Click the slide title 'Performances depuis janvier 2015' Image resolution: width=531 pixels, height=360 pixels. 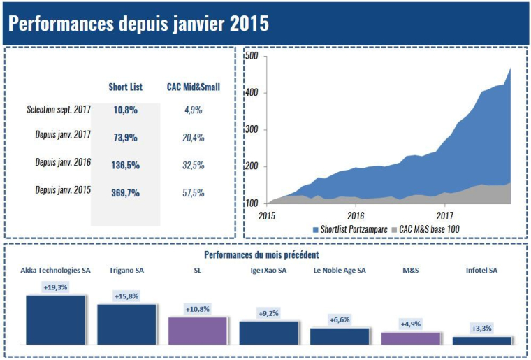pos(138,23)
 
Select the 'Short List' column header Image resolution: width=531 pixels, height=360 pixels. pos(126,87)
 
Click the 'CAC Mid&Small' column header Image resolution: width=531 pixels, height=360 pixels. pos(194,87)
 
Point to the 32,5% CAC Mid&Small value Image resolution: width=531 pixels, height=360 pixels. pos(194,166)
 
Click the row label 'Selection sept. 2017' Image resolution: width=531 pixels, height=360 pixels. pos(59,110)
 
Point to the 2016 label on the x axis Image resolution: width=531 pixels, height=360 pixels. pos(356,215)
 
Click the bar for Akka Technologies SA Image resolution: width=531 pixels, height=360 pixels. pos(56,320)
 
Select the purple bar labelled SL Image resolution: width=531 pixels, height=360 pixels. pos(198,331)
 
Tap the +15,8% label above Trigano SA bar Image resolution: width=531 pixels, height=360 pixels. pos(126,296)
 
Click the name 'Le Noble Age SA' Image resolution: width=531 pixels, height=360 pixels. pos(340,270)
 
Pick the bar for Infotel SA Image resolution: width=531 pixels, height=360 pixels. pos(481,340)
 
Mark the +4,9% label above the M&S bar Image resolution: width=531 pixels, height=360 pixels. pos(410,324)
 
